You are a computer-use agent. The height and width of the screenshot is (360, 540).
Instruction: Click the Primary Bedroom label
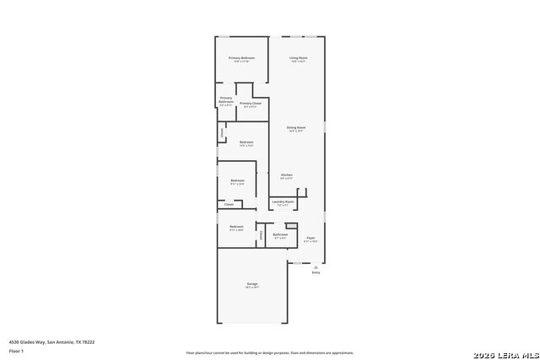coord(241,57)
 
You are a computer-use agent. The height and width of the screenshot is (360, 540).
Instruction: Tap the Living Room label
coord(299,57)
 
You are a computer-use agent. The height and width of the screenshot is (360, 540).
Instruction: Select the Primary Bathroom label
coord(226,99)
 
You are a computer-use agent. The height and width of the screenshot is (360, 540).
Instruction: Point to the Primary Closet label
coord(251,103)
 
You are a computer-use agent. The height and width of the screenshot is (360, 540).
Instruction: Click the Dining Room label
coord(297,127)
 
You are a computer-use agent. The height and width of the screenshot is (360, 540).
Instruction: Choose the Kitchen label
coord(287,175)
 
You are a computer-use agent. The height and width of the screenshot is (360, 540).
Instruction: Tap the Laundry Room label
coord(283,201)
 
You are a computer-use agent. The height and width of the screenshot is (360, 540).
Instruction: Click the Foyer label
coord(310,238)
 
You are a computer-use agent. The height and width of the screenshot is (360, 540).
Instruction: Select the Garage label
coord(252,283)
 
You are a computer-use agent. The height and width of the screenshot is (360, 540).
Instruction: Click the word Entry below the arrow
coord(316,273)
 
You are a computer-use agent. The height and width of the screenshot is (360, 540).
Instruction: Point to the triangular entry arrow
coord(316,266)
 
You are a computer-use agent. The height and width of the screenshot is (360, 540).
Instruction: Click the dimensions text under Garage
coord(252,287)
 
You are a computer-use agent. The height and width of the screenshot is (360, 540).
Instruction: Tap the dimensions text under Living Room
coord(299,62)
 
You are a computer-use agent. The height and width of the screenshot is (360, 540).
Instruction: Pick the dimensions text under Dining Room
coord(297,132)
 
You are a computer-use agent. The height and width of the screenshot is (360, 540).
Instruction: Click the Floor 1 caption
coord(15,350)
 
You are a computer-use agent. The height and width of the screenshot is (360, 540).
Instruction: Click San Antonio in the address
coord(57,342)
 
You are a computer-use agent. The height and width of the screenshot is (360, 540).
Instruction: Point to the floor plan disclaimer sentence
coord(270,352)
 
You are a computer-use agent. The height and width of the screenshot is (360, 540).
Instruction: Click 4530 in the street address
coord(13,342)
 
